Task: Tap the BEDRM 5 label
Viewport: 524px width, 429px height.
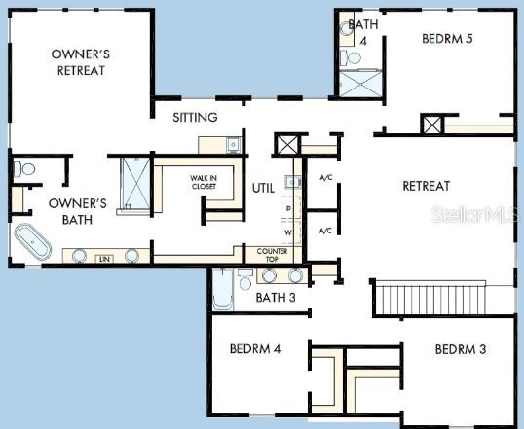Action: tap(449, 39)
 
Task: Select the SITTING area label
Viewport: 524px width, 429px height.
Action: tap(195, 117)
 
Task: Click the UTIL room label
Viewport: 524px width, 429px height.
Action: tap(263, 188)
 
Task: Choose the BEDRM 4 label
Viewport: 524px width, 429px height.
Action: tap(255, 348)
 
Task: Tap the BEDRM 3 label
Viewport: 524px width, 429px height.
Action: tap(461, 348)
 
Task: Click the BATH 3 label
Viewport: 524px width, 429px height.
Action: tap(275, 297)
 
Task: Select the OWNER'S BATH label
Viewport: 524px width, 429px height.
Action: tap(77, 211)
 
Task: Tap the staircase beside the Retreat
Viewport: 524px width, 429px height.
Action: tap(429, 297)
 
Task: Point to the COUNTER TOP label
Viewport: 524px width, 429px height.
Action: tap(272, 255)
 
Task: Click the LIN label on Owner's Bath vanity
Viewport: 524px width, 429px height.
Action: tap(103, 259)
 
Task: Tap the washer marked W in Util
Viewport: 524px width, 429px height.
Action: tap(288, 233)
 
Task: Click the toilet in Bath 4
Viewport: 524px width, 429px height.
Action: tap(353, 58)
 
